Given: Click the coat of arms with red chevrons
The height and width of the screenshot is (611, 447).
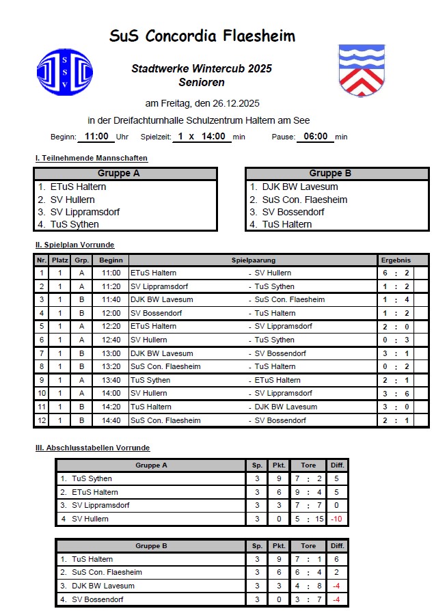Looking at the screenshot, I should tap(361, 71).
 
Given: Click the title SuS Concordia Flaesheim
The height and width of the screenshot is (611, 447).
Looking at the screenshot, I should tap(202, 36).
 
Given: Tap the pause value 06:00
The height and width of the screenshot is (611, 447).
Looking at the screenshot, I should tap(315, 136).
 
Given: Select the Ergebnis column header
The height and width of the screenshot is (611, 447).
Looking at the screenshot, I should tap(396, 260).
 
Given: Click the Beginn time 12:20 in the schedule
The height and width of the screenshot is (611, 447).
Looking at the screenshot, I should tap(111, 327).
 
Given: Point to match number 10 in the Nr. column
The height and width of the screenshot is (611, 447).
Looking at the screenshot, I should tap(42, 394).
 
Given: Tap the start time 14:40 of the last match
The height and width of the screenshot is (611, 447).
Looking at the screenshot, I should tap(111, 420).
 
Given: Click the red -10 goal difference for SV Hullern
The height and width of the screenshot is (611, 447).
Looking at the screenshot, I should tap(336, 519).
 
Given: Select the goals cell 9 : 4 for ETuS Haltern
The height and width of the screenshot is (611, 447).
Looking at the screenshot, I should tap(309, 492).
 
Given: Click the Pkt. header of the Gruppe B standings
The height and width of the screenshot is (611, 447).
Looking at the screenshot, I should tap(279, 546).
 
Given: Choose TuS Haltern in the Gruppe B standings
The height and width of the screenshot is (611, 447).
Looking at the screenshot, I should tap(92, 559).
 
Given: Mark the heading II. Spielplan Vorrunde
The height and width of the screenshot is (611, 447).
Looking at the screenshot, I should tap(74, 245).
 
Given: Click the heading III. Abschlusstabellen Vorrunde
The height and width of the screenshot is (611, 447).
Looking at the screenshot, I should tap(92, 448).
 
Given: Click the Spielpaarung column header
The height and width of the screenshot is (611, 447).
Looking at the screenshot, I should tap(253, 260).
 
